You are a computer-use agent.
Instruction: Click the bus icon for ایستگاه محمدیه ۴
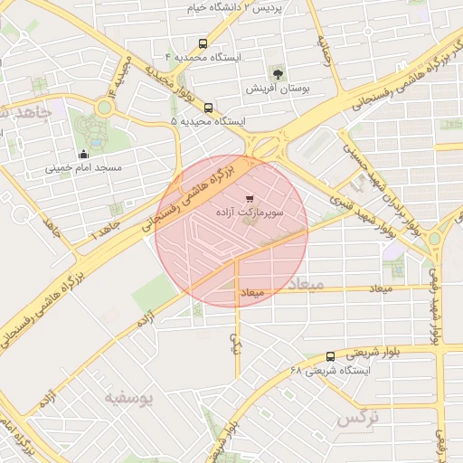[x=202, y=43]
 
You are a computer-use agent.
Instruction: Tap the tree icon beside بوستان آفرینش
[x=278, y=74]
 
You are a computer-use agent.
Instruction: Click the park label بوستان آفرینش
[x=278, y=90]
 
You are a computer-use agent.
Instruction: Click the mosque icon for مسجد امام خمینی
[x=84, y=153]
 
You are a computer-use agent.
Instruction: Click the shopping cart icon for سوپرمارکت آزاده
[x=250, y=197]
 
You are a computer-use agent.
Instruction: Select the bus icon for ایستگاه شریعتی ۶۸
[x=329, y=356]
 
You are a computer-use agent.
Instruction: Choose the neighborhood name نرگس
[x=356, y=420]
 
